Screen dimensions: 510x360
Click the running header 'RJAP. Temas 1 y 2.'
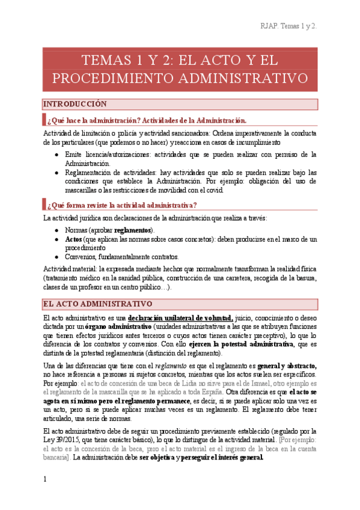click(288, 26)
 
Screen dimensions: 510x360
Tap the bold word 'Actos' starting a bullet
click(73, 239)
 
